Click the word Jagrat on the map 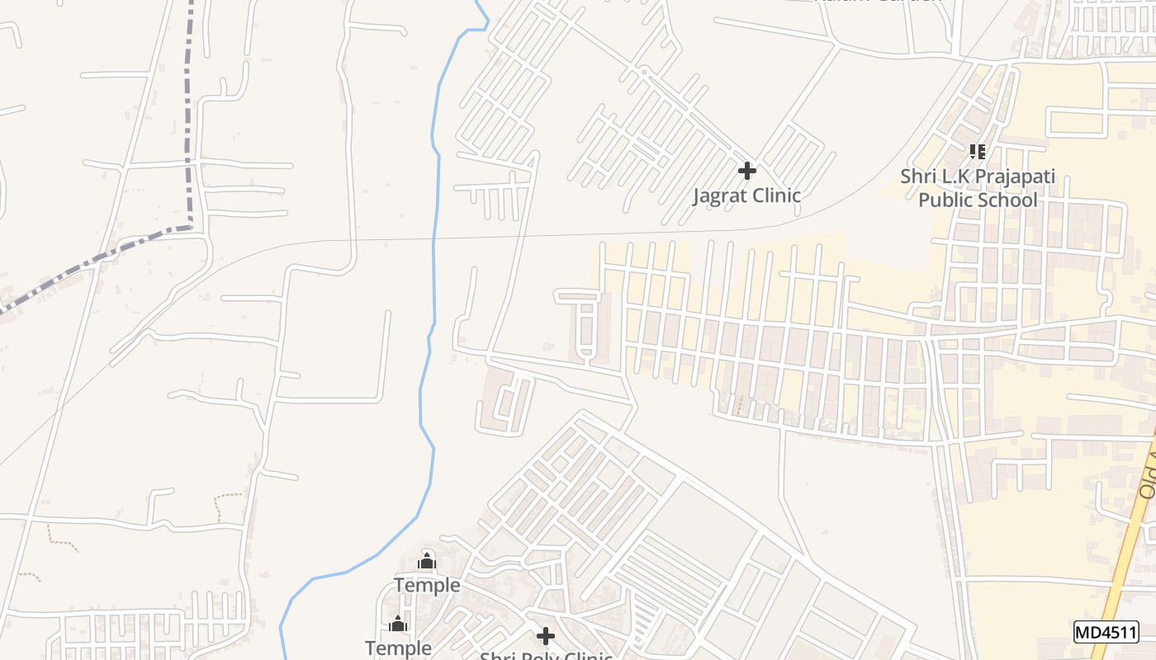[721, 196]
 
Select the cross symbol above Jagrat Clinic [747, 171]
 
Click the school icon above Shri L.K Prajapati [978, 152]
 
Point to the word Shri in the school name [917, 177]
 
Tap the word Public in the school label [946, 200]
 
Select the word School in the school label [1007, 200]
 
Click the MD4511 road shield [1106, 632]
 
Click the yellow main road [1123, 561]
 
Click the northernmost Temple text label [427, 586]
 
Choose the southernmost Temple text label [399, 648]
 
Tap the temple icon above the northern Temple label [427, 561]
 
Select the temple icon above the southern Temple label [399, 624]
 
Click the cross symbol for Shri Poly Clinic [546, 636]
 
